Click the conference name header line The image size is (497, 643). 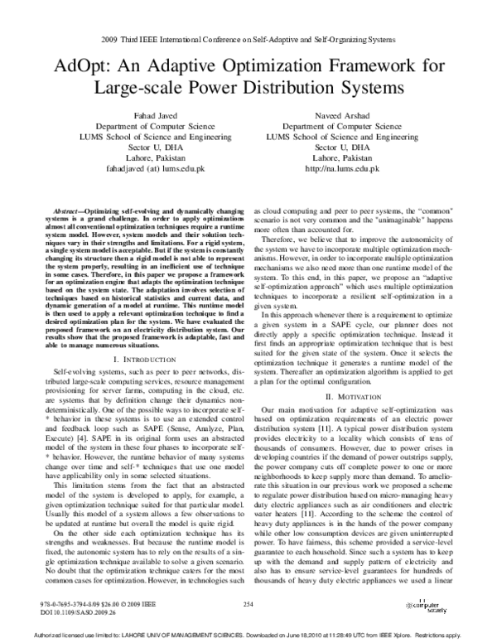248,39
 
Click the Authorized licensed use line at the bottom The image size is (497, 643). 248,636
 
